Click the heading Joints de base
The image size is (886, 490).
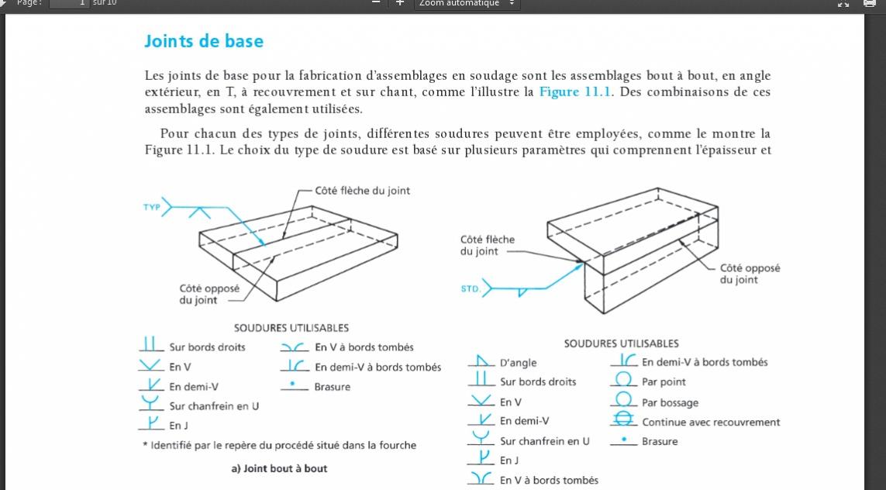pyautogui.click(x=204, y=41)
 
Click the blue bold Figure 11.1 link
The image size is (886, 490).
pyautogui.click(x=575, y=92)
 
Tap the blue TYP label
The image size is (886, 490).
pyautogui.click(x=151, y=208)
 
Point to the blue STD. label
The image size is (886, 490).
pyautogui.click(x=471, y=289)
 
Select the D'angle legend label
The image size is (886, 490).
pyautogui.click(x=518, y=363)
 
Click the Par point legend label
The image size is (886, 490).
pyautogui.click(x=664, y=382)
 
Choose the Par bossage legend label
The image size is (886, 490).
pyautogui.click(x=670, y=402)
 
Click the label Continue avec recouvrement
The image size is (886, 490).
pyautogui.click(x=711, y=423)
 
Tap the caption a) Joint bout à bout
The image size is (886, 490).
pyautogui.click(x=279, y=468)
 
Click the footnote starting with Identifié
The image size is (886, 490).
pyautogui.click(x=283, y=445)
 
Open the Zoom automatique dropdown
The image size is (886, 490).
pyautogui.click(x=467, y=4)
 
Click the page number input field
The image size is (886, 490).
pyautogui.click(x=69, y=4)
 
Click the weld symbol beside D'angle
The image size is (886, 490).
pyautogui.click(x=481, y=361)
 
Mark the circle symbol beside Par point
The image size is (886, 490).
pyautogui.click(x=623, y=380)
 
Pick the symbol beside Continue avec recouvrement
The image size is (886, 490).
pyautogui.click(x=623, y=420)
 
